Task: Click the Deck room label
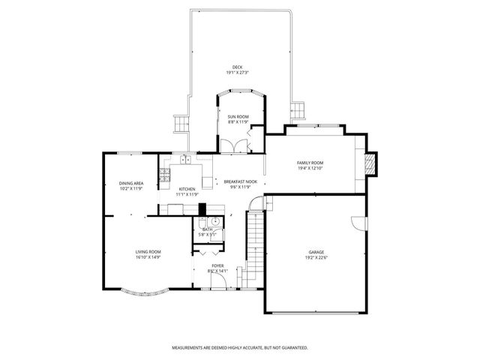click(237, 67)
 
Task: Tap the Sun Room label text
click(238, 117)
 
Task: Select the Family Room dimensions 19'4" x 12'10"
click(310, 168)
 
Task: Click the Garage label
click(316, 252)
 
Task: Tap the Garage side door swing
click(356, 223)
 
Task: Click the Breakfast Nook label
click(240, 181)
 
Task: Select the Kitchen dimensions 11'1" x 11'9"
click(187, 194)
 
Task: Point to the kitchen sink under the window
click(184, 158)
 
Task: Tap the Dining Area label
click(131, 184)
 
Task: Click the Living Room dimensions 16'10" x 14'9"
click(148, 257)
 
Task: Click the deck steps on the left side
click(180, 123)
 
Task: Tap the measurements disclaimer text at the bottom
click(239, 347)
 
